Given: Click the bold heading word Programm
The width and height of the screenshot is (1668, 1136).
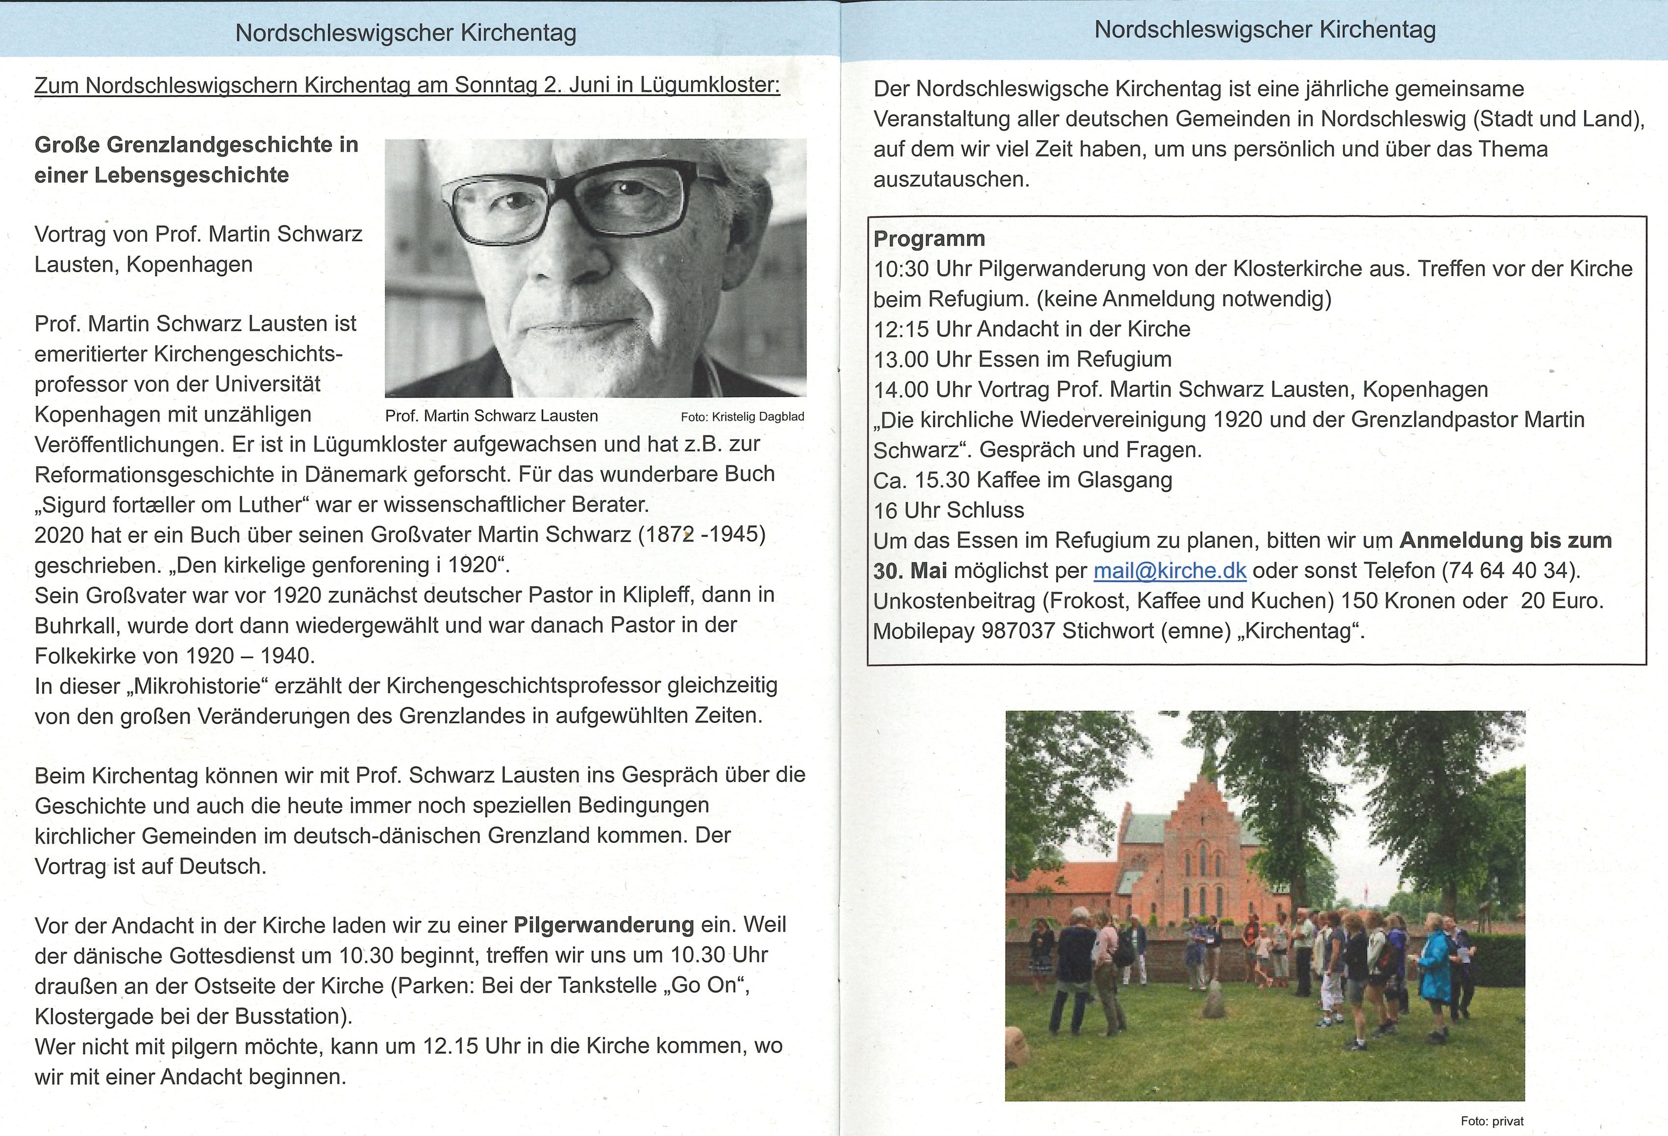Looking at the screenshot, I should (x=929, y=238).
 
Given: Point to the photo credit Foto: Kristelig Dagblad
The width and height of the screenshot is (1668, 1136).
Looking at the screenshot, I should (x=742, y=416).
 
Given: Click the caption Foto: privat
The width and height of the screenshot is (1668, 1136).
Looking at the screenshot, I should (x=1492, y=1121).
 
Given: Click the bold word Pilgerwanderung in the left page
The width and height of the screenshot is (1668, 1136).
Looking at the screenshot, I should (x=603, y=925).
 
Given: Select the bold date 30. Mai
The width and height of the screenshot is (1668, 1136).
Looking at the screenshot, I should (x=910, y=571).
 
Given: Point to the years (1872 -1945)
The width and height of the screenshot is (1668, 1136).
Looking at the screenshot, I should (x=702, y=535).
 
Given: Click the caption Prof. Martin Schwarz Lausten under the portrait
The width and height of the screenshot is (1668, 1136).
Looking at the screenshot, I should (x=491, y=416).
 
